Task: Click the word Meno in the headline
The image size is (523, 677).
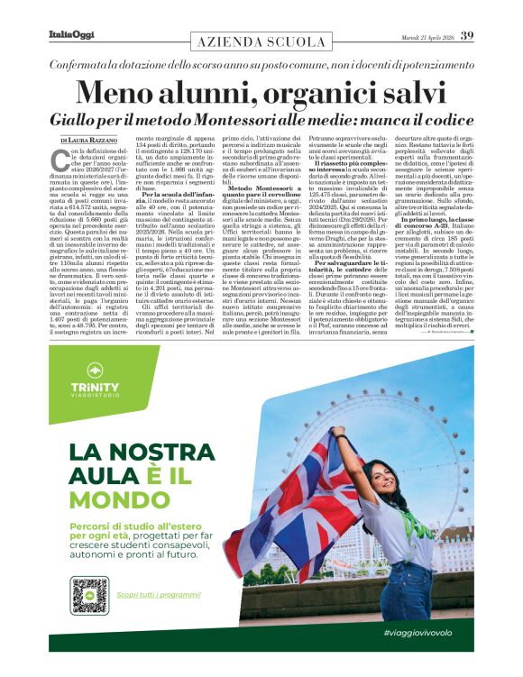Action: coord(122,94)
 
